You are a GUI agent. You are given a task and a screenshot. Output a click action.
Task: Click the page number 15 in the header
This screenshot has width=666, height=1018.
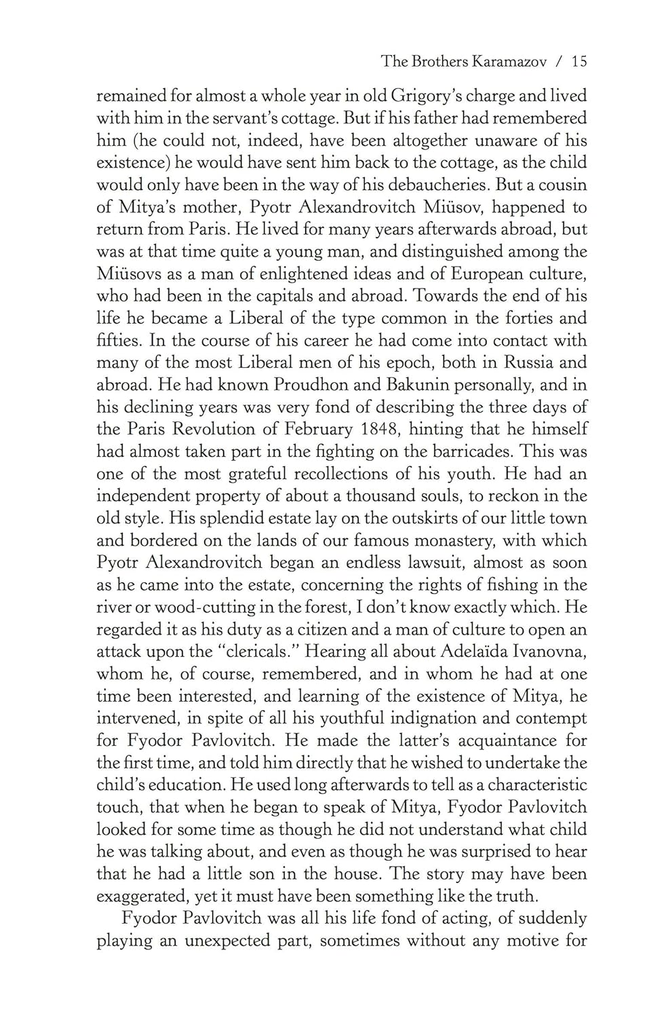pyautogui.click(x=579, y=62)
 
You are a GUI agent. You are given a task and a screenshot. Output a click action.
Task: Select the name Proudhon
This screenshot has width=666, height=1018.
pyautogui.click(x=311, y=385)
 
